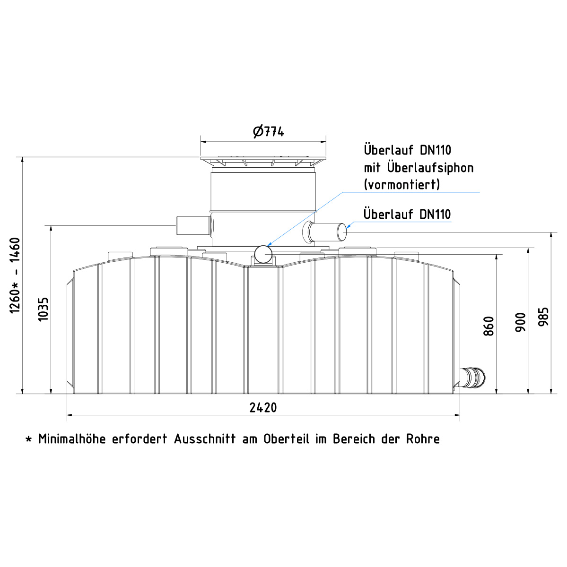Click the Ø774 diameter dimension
coord(268,131)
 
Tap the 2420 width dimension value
coord(263,408)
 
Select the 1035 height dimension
coord(44,309)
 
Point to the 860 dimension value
coord(488,326)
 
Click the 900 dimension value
coord(521,323)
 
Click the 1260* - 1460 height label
coord(15,275)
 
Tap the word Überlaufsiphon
coord(430,168)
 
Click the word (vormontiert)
coord(402,184)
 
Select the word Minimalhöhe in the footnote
coord(72,439)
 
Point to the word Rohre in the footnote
coord(423,439)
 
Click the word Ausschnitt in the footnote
coord(205,439)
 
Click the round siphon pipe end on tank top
coord(263,254)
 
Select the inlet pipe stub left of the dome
coord(194,226)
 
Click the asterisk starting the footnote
coord(28,439)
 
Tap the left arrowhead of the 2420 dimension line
coord(70,415)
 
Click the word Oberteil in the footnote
coord(286,439)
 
